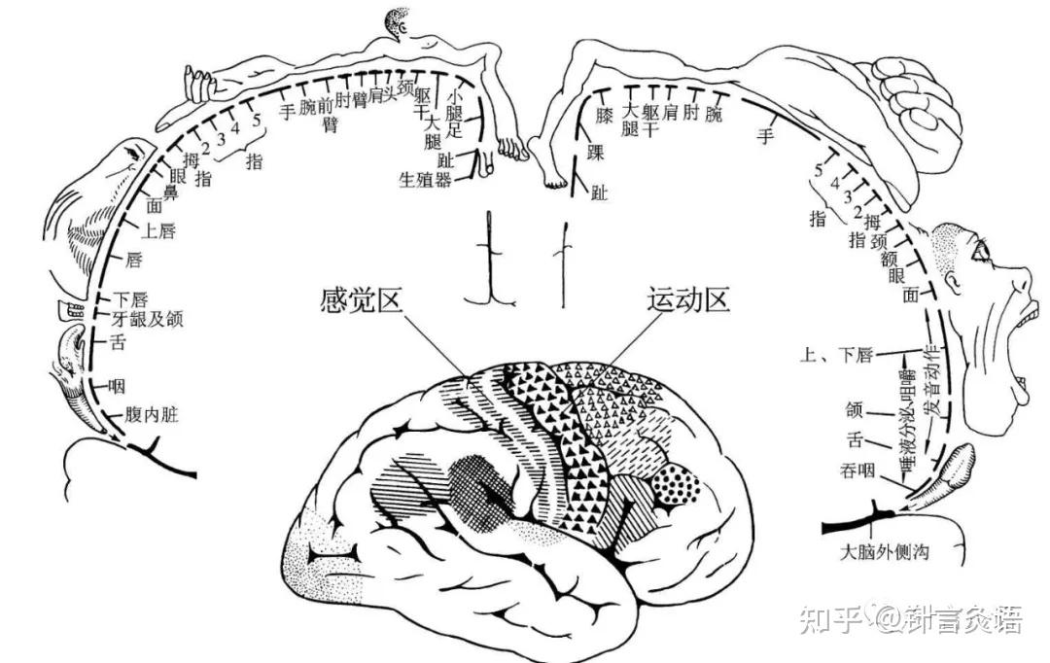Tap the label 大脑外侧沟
(x=885, y=552)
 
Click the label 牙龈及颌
(x=149, y=317)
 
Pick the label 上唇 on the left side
(x=158, y=230)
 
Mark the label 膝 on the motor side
(x=604, y=115)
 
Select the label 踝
(x=596, y=154)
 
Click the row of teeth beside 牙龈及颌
(x=70, y=312)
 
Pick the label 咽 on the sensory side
(x=118, y=386)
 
